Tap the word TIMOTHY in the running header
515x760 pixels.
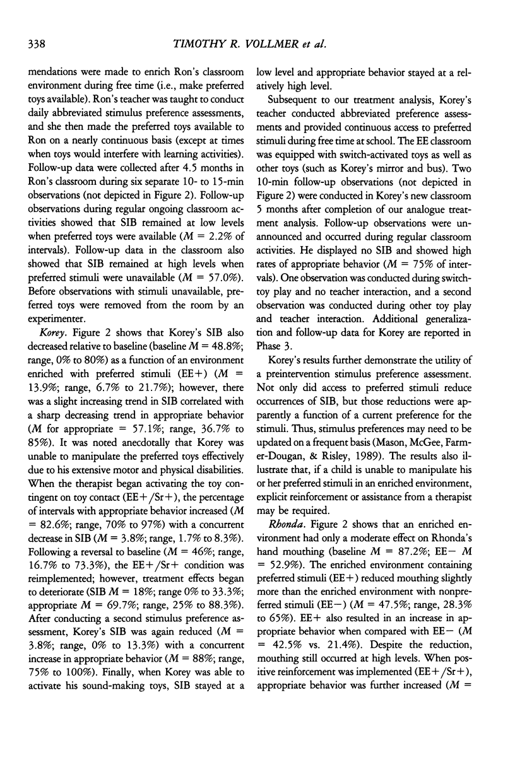194,43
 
